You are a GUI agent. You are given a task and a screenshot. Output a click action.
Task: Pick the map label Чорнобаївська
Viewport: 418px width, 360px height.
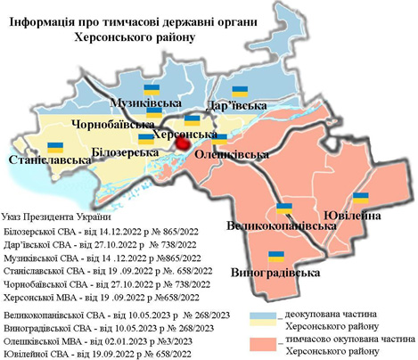click(x=111, y=125)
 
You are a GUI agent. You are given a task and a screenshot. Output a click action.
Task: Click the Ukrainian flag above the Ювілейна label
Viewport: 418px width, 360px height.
click(x=361, y=198)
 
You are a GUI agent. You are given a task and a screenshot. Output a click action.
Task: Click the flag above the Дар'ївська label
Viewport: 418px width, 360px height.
click(x=239, y=90)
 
